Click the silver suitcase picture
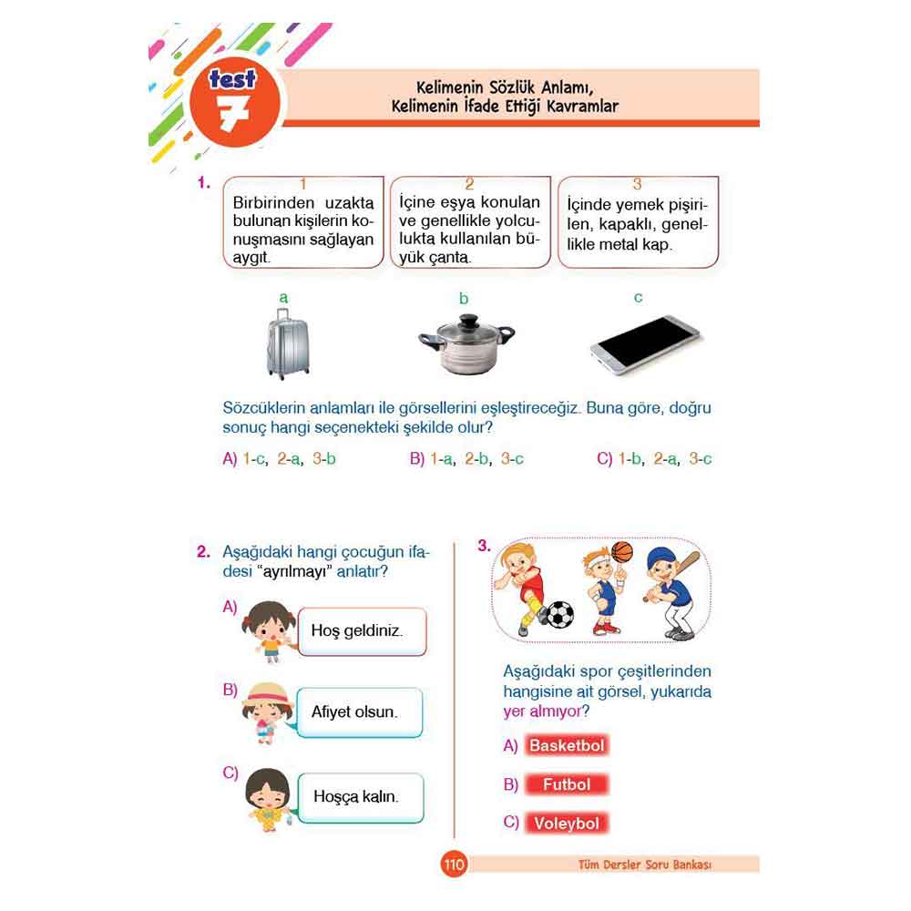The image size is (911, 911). click(288, 344)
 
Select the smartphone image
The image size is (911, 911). click(645, 344)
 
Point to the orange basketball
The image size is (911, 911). click(622, 552)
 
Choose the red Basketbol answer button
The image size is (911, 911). click(567, 745)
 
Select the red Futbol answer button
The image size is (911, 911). click(567, 784)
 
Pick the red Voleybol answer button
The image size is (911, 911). click(567, 824)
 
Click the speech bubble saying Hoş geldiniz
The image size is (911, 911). click(362, 631)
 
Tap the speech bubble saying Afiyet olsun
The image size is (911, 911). click(359, 712)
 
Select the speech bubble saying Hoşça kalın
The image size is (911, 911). click(360, 797)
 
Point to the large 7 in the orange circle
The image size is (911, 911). click(234, 112)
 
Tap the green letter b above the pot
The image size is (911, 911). click(463, 298)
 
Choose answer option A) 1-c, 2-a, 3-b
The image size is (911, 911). click(279, 459)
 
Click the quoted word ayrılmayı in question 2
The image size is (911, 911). click(294, 572)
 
